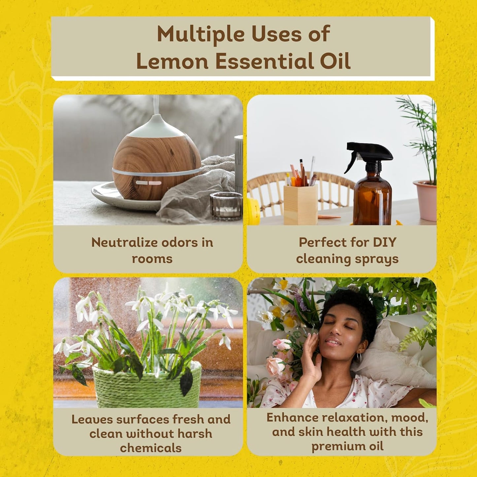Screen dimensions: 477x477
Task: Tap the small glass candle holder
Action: click(x=226, y=206)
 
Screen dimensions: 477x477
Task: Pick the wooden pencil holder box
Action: click(x=300, y=204)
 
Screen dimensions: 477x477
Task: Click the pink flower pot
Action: click(x=425, y=200)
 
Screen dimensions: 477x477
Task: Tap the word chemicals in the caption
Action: click(x=151, y=448)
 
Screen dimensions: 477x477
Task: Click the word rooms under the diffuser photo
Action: click(x=152, y=259)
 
